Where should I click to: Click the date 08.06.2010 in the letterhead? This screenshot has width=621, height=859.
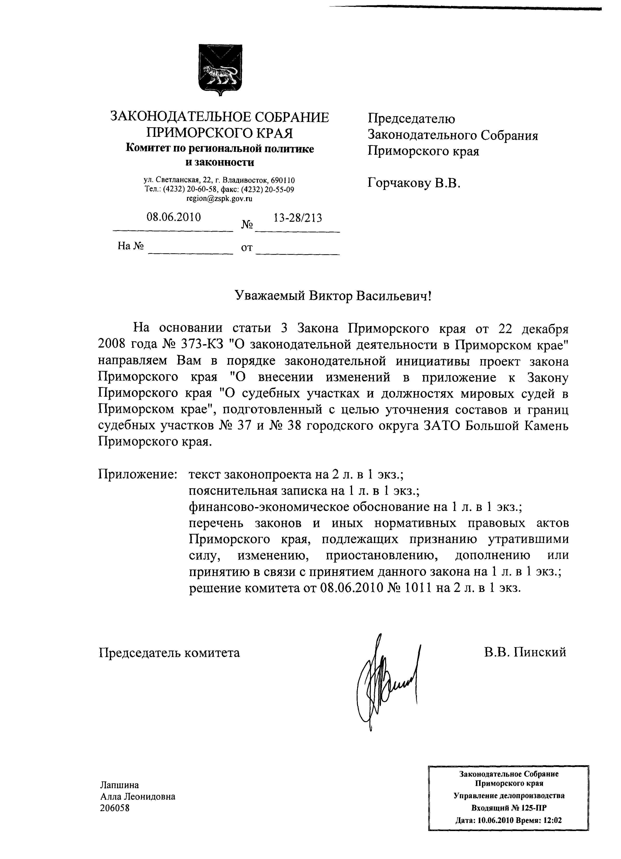[174, 217]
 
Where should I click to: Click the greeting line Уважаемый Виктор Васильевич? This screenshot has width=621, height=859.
[333, 295]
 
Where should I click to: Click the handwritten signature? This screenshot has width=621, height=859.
[386, 678]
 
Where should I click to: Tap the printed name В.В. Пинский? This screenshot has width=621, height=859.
[525, 652]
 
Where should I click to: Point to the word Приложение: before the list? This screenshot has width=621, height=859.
[138, 474]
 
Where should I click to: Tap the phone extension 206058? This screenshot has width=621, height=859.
[115, 808]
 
